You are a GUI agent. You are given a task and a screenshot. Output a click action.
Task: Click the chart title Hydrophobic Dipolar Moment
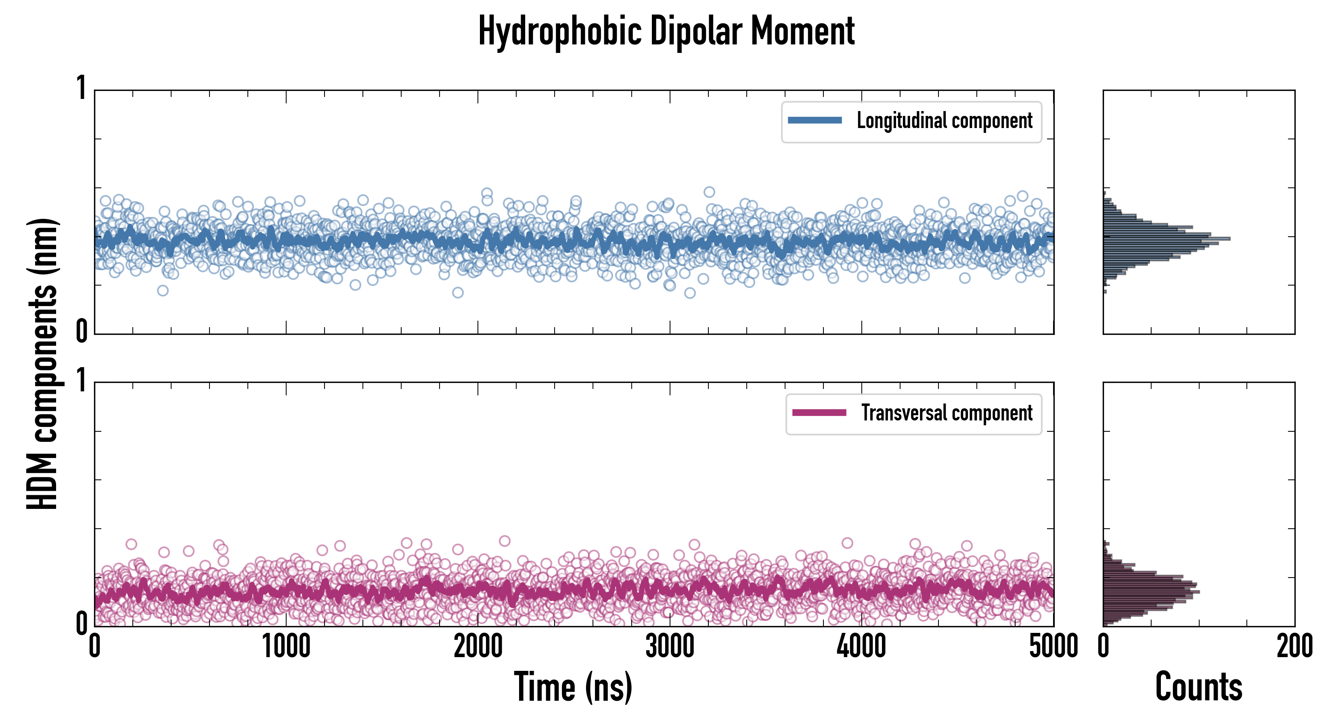(666, 31)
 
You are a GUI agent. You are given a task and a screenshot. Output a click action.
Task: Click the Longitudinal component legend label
(944, 121)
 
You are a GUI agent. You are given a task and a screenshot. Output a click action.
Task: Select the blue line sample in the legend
(815, 121)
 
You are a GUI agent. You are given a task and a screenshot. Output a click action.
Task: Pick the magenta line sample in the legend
(819, 413)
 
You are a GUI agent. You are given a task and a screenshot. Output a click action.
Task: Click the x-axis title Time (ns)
(573, 687)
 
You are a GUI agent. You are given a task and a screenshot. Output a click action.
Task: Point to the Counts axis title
(1198, 687)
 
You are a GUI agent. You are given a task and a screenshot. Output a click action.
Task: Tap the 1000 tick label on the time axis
(286, 647)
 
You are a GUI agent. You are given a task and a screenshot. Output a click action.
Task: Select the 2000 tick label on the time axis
(478, 647)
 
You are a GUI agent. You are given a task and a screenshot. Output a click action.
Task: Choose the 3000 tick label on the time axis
(670, 647)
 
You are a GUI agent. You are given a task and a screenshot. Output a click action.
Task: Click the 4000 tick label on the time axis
(861, 647)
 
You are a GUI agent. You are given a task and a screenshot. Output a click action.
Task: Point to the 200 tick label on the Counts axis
(1294, 647)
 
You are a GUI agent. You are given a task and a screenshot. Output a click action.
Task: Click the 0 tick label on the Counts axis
(1104, 647)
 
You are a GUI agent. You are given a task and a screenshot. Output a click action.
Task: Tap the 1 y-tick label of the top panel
(81, 88)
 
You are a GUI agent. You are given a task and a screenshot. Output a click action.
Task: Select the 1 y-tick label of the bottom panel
(81, 381)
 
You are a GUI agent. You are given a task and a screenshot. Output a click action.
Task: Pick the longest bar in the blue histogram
(1167, 239)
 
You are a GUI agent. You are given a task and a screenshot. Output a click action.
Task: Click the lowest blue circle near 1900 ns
(458, 293)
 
